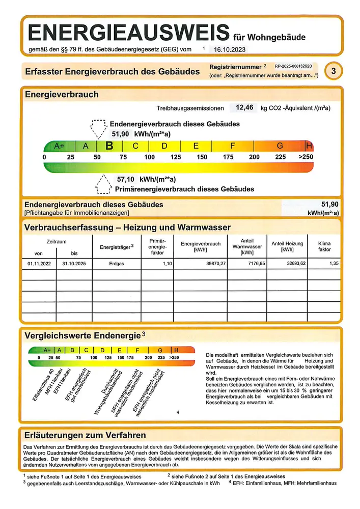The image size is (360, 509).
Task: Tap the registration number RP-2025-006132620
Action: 293,67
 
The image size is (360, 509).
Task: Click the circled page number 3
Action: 333,71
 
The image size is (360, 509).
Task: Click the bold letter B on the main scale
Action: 108,146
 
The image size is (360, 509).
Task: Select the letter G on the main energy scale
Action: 280,146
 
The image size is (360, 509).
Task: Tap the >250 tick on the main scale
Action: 306,157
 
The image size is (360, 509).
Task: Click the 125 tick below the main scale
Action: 176,157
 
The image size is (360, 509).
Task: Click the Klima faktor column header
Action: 324,246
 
